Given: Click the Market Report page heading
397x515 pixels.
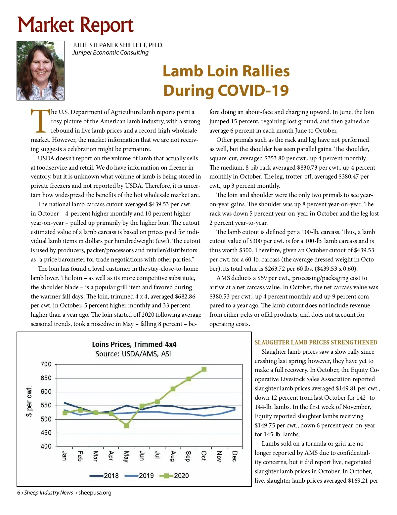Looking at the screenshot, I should click(x=75, y=25).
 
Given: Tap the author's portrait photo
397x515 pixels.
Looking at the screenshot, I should click(x=40, y=70).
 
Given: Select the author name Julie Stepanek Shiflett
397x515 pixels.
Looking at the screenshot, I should click(x=118, y=45).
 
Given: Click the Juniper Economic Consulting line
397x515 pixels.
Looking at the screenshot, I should click(x=110, y=53).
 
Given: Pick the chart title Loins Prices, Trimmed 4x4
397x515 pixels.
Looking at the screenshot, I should click(x=134, y=344).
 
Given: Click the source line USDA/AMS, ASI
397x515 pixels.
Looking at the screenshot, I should click(x=133, y=354).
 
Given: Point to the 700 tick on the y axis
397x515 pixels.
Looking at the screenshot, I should click(x=46, y=364).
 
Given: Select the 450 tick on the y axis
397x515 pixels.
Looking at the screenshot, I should click(x=46, y=433).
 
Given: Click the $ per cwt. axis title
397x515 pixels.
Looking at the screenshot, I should click(x=29, y=401).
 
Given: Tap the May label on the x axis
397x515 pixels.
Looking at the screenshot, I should click(x=126, y=456).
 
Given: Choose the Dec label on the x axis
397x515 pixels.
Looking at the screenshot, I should click(x=234, y=456).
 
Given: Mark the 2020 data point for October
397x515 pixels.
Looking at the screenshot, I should click(x=204, y=369).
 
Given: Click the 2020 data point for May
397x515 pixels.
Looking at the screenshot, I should click(x=126, y=426).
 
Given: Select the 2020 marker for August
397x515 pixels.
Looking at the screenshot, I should click(x=173, y=389).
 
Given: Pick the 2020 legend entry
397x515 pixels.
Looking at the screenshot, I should click(x=174, y=476).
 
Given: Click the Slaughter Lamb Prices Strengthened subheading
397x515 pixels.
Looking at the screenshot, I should click(x=316, y=342).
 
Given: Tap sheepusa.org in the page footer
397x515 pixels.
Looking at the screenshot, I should click(x=95, y=493).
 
